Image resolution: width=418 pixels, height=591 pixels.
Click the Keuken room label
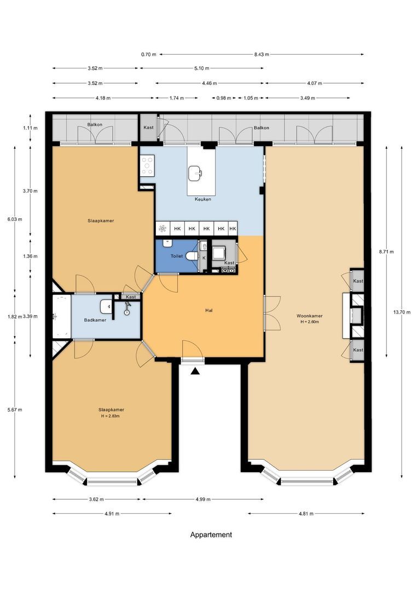(x=203, y=199)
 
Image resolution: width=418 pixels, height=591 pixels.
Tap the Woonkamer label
(x=310, y=316)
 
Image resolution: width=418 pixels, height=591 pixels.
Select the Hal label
(x=209, y=310)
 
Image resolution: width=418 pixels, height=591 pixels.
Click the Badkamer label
(x=95, y=320)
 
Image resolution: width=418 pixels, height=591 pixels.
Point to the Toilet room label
(x=176, y=256)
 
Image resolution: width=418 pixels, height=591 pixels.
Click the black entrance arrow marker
(x=194, y=371)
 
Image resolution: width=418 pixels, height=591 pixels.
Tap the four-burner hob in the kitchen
(x=147, y=166)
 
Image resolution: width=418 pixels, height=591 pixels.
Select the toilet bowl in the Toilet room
(x=191, y=256)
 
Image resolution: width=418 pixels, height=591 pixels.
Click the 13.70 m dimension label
(x=402, y=312)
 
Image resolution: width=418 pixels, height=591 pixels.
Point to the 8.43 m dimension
(x=262, y=54)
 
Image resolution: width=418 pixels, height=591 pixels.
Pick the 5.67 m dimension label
(x=15, y=410)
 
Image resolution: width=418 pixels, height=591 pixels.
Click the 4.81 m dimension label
(x=306, y=513)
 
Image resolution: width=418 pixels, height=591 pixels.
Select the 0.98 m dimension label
(x=224, y=98)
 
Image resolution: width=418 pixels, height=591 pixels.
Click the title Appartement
(x=211, y=535)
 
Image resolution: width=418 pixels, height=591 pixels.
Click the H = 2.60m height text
(x=310, y=322)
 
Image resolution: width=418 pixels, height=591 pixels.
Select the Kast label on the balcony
(x=148, y=128)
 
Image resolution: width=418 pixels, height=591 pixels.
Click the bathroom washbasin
(x=106, y=306)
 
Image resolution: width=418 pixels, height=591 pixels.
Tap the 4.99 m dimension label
(x=203, y=500)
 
